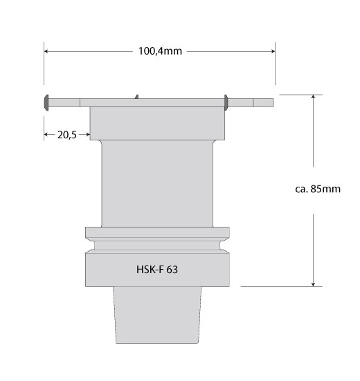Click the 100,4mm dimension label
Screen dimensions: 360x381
click(160, 51)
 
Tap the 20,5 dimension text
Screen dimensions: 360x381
click(67, 135)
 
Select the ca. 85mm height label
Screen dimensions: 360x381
click(318, 189)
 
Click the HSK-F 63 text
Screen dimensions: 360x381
click(157, 270)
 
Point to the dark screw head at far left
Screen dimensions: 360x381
click(46, 102)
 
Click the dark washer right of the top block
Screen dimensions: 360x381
click(226, 102)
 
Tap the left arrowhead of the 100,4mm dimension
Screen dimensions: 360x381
click(46, 51)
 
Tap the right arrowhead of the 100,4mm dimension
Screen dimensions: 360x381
click(273, 51)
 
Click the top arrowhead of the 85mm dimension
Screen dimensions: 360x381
click(314, 97)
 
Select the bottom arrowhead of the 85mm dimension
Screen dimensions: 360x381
click(314, 284)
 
